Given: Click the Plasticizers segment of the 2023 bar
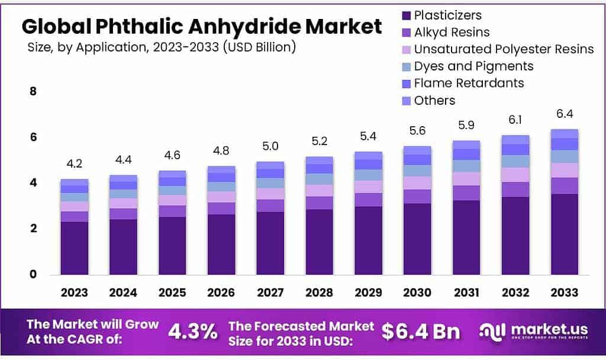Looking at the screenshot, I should click(75, 247).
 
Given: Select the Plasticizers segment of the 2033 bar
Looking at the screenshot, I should click(564, 234).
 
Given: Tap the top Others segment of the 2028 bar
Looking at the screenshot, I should click(320, 160).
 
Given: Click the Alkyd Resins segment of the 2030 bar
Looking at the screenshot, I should click(417, 197).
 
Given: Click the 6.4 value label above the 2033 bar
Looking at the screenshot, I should click(564, 114).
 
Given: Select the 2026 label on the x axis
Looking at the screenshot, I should click(221, 292).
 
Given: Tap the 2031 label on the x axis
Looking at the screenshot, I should click(466, 292).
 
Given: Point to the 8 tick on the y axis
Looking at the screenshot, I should click(33, 92).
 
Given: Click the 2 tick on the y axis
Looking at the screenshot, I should click(33, 229).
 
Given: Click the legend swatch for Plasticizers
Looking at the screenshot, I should click(405, 15).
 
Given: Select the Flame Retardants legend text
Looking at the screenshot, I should click(469, 83).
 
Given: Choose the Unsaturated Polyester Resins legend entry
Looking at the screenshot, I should click(504, 49).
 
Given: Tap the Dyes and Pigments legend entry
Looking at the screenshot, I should click(473, 66).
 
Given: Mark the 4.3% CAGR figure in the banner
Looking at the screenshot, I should click(192, 332).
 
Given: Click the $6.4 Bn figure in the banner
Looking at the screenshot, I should click(420, 332).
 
